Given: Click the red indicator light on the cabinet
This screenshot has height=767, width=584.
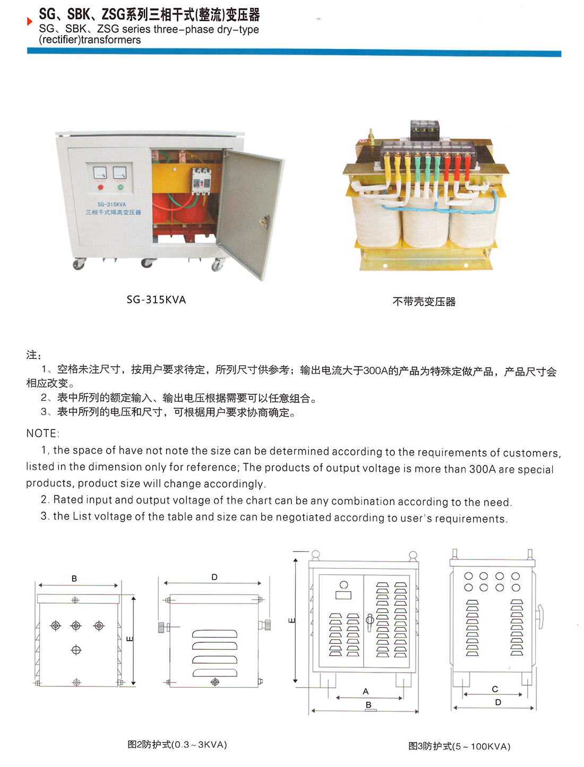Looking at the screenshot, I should coord(101,187).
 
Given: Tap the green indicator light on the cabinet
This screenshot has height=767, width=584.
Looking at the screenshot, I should coord(121,187).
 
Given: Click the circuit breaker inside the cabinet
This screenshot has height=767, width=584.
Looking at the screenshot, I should coord(201,180).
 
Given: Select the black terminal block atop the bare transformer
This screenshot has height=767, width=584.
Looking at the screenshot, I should coord(425,128).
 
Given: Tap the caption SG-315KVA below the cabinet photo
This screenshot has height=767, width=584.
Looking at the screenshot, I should coord(156,300).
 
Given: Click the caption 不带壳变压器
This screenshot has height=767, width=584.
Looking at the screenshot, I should coord(424,302).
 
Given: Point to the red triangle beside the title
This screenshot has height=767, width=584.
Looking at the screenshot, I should coord(30,22).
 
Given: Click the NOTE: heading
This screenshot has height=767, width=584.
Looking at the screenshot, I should coord(42,434).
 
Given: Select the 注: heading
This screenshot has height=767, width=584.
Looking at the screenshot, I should coord(33,355).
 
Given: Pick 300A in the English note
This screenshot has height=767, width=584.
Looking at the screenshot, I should coord(483,469).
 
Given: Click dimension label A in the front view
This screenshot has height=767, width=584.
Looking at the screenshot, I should coord(365,692).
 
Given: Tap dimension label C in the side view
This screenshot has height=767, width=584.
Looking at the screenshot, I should coord(495,690).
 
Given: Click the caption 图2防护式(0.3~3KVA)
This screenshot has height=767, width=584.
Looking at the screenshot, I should coord(177,745).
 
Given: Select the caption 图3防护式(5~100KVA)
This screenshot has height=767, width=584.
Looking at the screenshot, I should coord(459,746).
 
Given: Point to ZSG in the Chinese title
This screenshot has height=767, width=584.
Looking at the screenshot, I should coord(113,15).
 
